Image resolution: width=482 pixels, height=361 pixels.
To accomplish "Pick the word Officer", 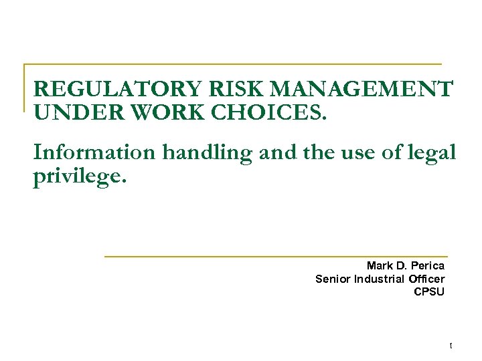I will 426,279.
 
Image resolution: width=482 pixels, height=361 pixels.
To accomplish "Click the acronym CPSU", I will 429,291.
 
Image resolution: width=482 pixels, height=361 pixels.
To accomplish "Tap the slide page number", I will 451,345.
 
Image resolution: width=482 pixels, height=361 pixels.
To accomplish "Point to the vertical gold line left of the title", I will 25,87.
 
